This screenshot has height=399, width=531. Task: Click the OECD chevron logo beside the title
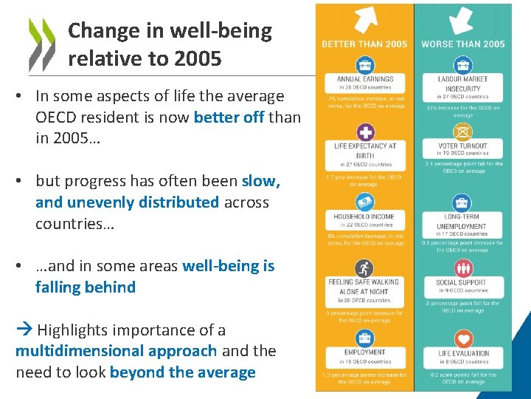click(x=41, y=43)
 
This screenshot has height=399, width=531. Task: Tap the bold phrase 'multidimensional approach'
click(x=116, y=351)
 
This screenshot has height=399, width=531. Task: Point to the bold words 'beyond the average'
click(x=182, y=372)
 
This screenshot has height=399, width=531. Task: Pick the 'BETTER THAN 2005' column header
click(x=364, y=44)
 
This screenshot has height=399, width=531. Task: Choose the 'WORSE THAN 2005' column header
click(x=463, y=44)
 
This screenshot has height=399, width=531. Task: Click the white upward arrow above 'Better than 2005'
click(x=365, y=20)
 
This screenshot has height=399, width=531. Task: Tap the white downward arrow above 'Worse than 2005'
click(x=462, y=20)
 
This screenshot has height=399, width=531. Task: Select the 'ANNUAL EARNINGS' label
click(x=365, y=79)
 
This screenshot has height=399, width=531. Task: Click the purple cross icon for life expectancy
click(x=365, y=133)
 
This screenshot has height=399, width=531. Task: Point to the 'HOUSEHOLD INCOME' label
click(x=365, y=217)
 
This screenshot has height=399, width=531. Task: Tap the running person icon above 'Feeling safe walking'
click(x=365, y=268)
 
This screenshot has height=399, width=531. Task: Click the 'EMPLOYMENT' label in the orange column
click(x=365, y=353)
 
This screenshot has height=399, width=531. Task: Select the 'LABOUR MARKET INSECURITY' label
click(x=463, y=83)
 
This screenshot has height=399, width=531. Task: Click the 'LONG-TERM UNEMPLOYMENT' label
click(x=463, y=222)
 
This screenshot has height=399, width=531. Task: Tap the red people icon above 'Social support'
click(x=463, y=268)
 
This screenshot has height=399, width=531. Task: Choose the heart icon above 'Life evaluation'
click(x=463, y=339)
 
